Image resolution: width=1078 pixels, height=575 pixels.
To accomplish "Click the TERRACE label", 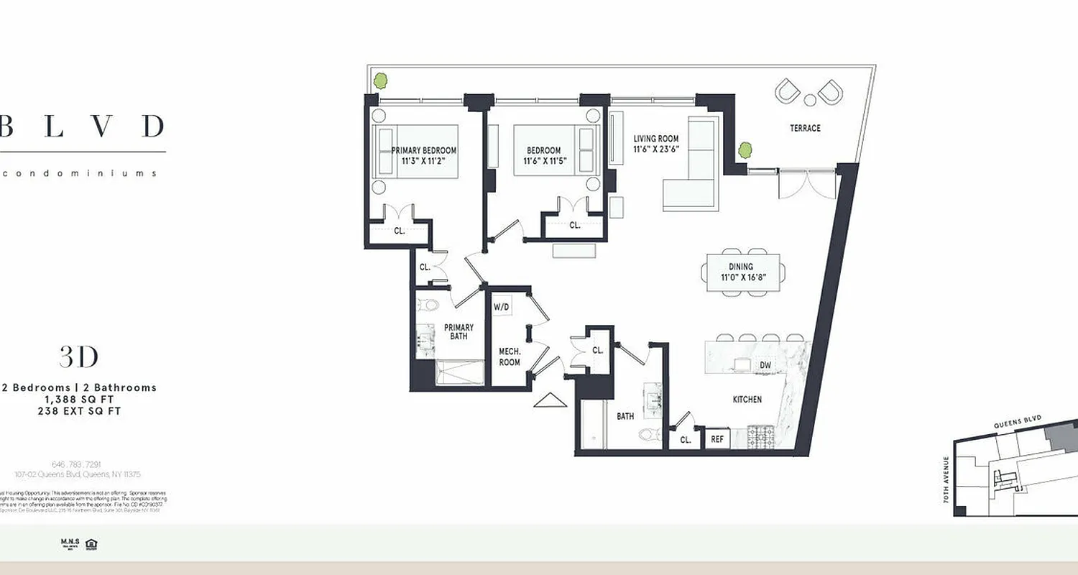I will click(x=805, y=128).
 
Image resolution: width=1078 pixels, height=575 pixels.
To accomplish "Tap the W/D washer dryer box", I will click(x=501, y=308).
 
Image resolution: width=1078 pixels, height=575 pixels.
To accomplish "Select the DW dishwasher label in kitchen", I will click(x=766, y=365).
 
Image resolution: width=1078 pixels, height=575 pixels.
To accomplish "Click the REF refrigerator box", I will click(x=717, y=439).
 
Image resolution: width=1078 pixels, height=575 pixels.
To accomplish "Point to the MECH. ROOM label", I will click(x=510, y=356).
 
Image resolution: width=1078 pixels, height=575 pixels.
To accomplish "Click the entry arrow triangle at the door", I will click(x=545, y=400).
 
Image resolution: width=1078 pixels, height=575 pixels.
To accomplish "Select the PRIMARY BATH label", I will click(x=459, y=333).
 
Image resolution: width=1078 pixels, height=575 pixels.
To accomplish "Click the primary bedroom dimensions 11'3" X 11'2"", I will click(x=424, y=161).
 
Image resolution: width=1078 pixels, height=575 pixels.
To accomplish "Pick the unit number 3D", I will click(x=78, y=357).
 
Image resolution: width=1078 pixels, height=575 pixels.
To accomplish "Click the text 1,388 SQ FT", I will click(x=79, y=399).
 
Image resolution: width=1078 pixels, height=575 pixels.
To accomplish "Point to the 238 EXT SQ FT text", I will click(x=79, y=411).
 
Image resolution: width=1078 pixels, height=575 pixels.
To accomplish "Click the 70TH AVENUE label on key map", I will click(x=946, y=479).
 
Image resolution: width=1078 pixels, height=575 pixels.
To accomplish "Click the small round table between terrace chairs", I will click(x=809, y=99).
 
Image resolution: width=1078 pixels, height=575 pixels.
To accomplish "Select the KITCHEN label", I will click(x=747, y=399).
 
